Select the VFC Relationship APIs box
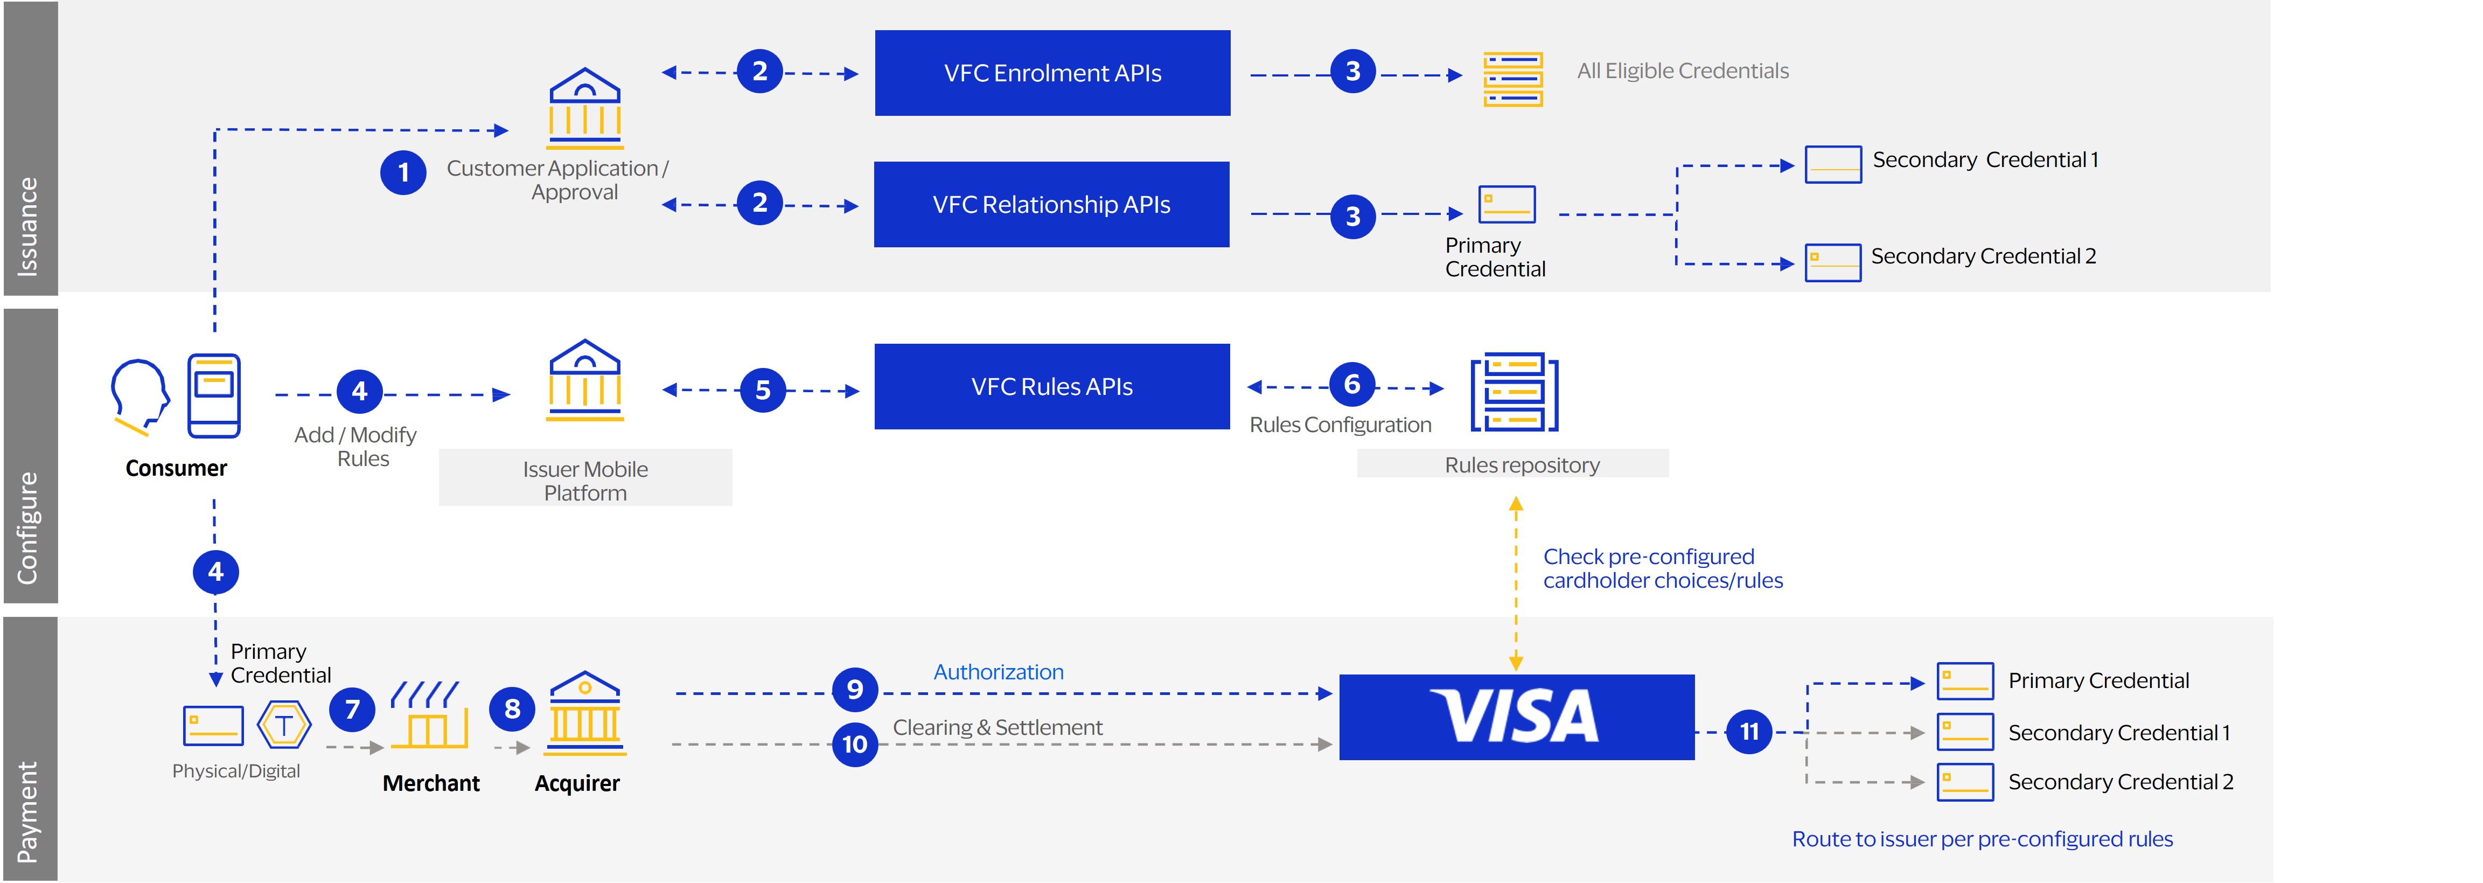(x=1051, y=204)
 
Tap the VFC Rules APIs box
(x=1051, y=387)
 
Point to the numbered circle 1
(x=403, y=172)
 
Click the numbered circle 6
(x=1351, y=385)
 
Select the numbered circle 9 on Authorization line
(x=854, y=689)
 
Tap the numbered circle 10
(x=854, y=744)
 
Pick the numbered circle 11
(x=1748, y=732)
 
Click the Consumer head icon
(x=140, y=395)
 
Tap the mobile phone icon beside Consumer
(x=214, y=395)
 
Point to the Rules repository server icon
(x=1513, y=393)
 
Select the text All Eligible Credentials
(x=1682, y=71)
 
